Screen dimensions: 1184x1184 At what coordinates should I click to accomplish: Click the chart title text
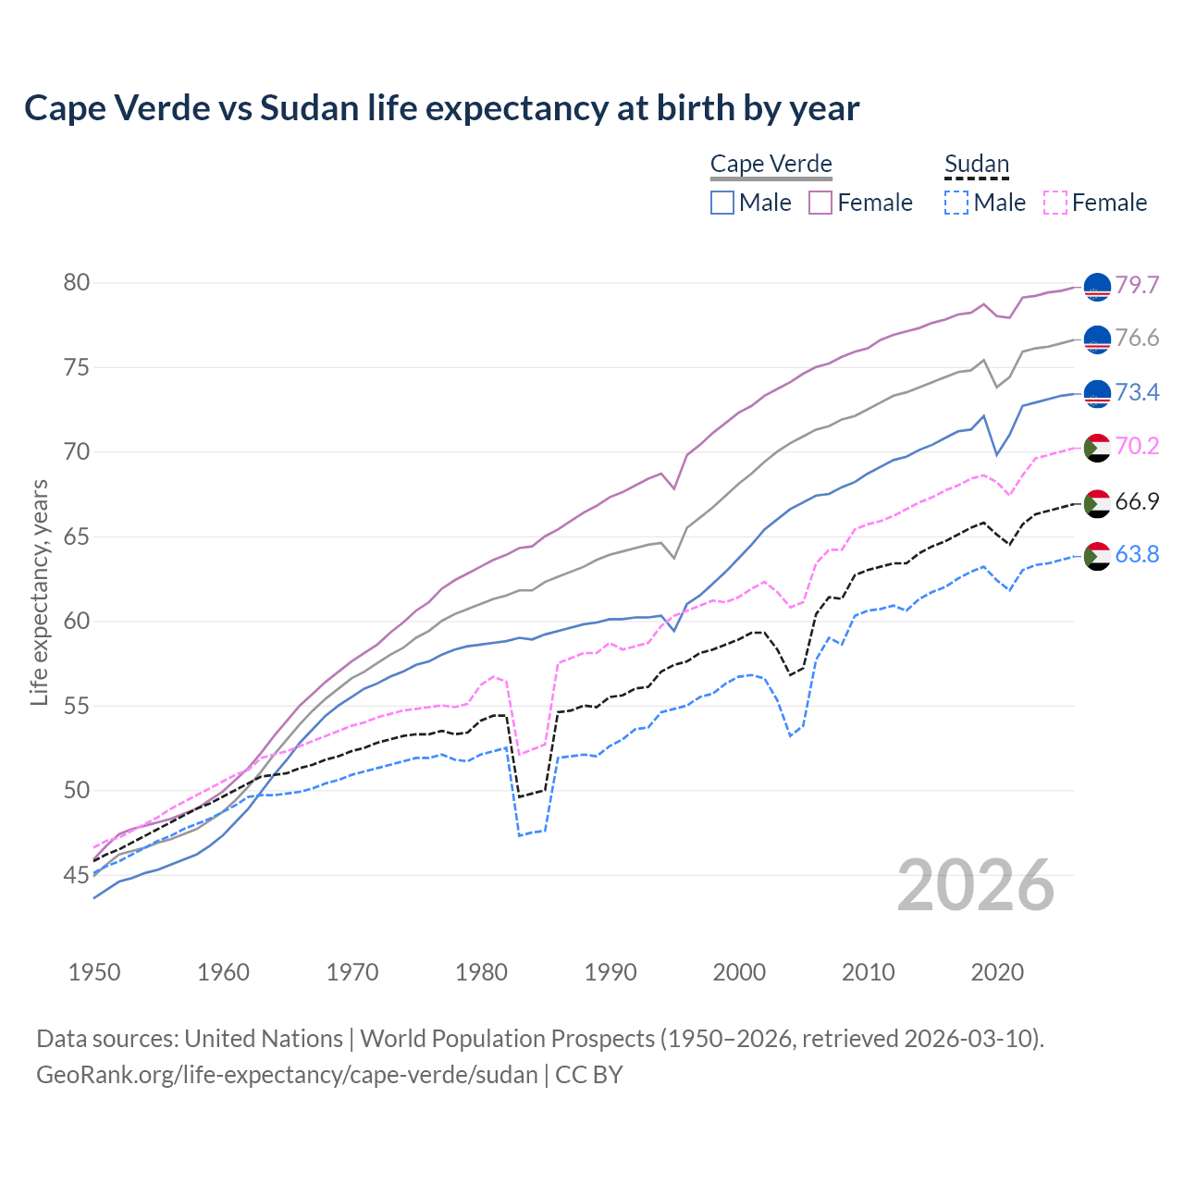(x=441, y=108)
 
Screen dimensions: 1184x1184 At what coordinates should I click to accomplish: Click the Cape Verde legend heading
(x=771, y=165)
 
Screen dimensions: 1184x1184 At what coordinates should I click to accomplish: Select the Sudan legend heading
(x=976, y=165)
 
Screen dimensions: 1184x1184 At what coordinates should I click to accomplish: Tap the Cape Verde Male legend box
(x=722, y=203)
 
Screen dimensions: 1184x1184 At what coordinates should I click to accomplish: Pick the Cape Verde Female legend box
(x=820, y=203)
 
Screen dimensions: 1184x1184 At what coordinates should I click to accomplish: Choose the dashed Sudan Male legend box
(x=956, y=203)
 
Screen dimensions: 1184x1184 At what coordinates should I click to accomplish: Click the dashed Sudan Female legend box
(x=1054, y=203)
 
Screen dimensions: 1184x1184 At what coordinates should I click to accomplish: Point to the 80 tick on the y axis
(x=77, y=282)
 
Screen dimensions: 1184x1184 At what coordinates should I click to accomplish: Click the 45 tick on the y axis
(x=77, y=875)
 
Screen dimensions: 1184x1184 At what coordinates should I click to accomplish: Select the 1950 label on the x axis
(x=94, y=972)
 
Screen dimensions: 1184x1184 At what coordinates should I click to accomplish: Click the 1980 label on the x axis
(x=481, y=972)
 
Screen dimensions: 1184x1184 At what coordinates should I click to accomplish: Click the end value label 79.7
(x=1137, y=285)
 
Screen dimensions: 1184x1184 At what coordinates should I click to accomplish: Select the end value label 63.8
(x=1137, y=554)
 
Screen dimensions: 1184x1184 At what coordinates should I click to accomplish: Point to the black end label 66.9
(x=1137, y=501)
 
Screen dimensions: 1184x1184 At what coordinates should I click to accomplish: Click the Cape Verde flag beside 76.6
(x=1097, y=339)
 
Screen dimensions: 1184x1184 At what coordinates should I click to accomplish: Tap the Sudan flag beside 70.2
(x=1097, y=448)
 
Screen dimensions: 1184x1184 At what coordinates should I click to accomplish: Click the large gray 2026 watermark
(x=975, y=885)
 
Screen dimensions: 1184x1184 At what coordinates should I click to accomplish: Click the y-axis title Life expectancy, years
(x=40, y=592)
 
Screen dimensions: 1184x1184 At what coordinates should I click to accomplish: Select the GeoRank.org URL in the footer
(x=287, y=1075)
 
